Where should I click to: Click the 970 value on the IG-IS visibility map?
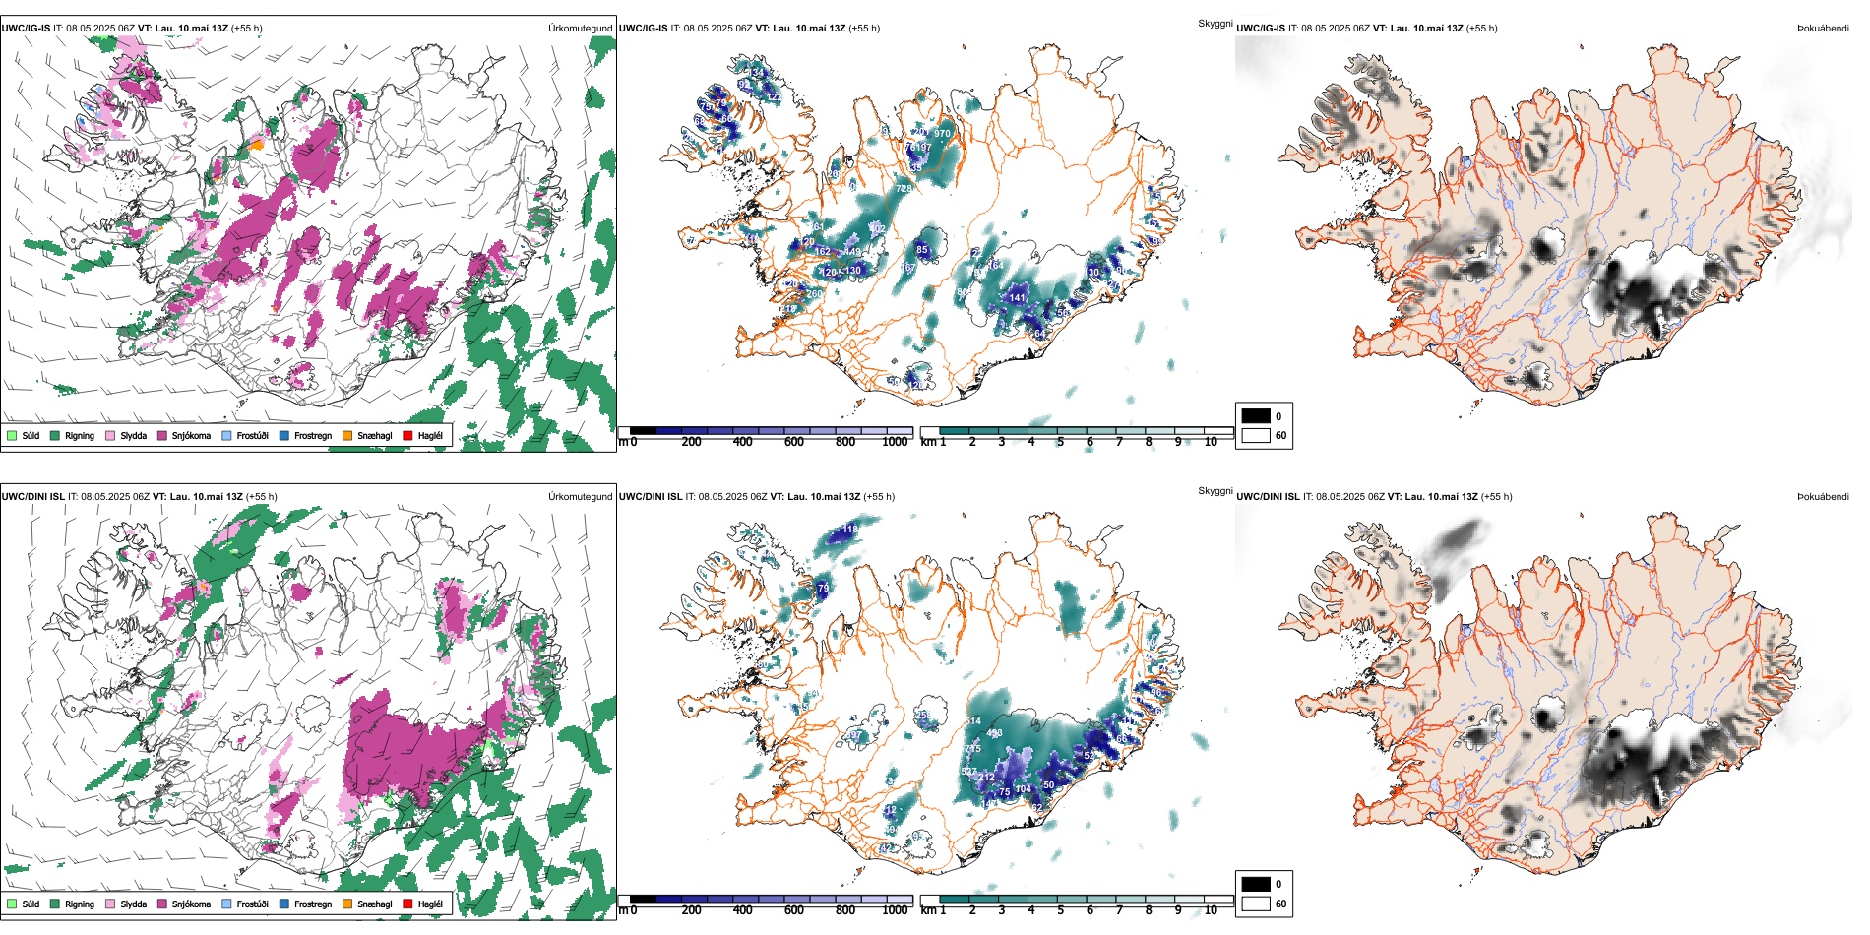942,134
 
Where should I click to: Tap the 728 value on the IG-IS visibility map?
904,188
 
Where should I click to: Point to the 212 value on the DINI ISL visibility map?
986,778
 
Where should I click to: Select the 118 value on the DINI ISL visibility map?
850,530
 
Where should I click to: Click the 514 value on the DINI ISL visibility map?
972,721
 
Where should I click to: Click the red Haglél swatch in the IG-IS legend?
407,435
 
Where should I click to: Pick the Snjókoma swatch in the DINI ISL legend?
161,904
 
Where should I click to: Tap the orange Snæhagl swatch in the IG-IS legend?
347,435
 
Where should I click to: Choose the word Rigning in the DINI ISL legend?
80,904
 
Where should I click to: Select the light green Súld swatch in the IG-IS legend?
12,435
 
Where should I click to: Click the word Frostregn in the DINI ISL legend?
312,904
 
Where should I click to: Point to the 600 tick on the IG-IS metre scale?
794,442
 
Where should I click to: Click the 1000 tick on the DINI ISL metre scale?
895,910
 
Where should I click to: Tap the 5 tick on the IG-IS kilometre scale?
1060,442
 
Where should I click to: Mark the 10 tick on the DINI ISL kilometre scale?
1211,910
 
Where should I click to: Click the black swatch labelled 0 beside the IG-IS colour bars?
1256,416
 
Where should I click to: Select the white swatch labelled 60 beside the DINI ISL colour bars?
1256,904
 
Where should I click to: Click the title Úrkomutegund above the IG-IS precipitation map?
581,29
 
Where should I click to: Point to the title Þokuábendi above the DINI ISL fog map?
1823,497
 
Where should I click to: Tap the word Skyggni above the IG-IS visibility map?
1215,24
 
